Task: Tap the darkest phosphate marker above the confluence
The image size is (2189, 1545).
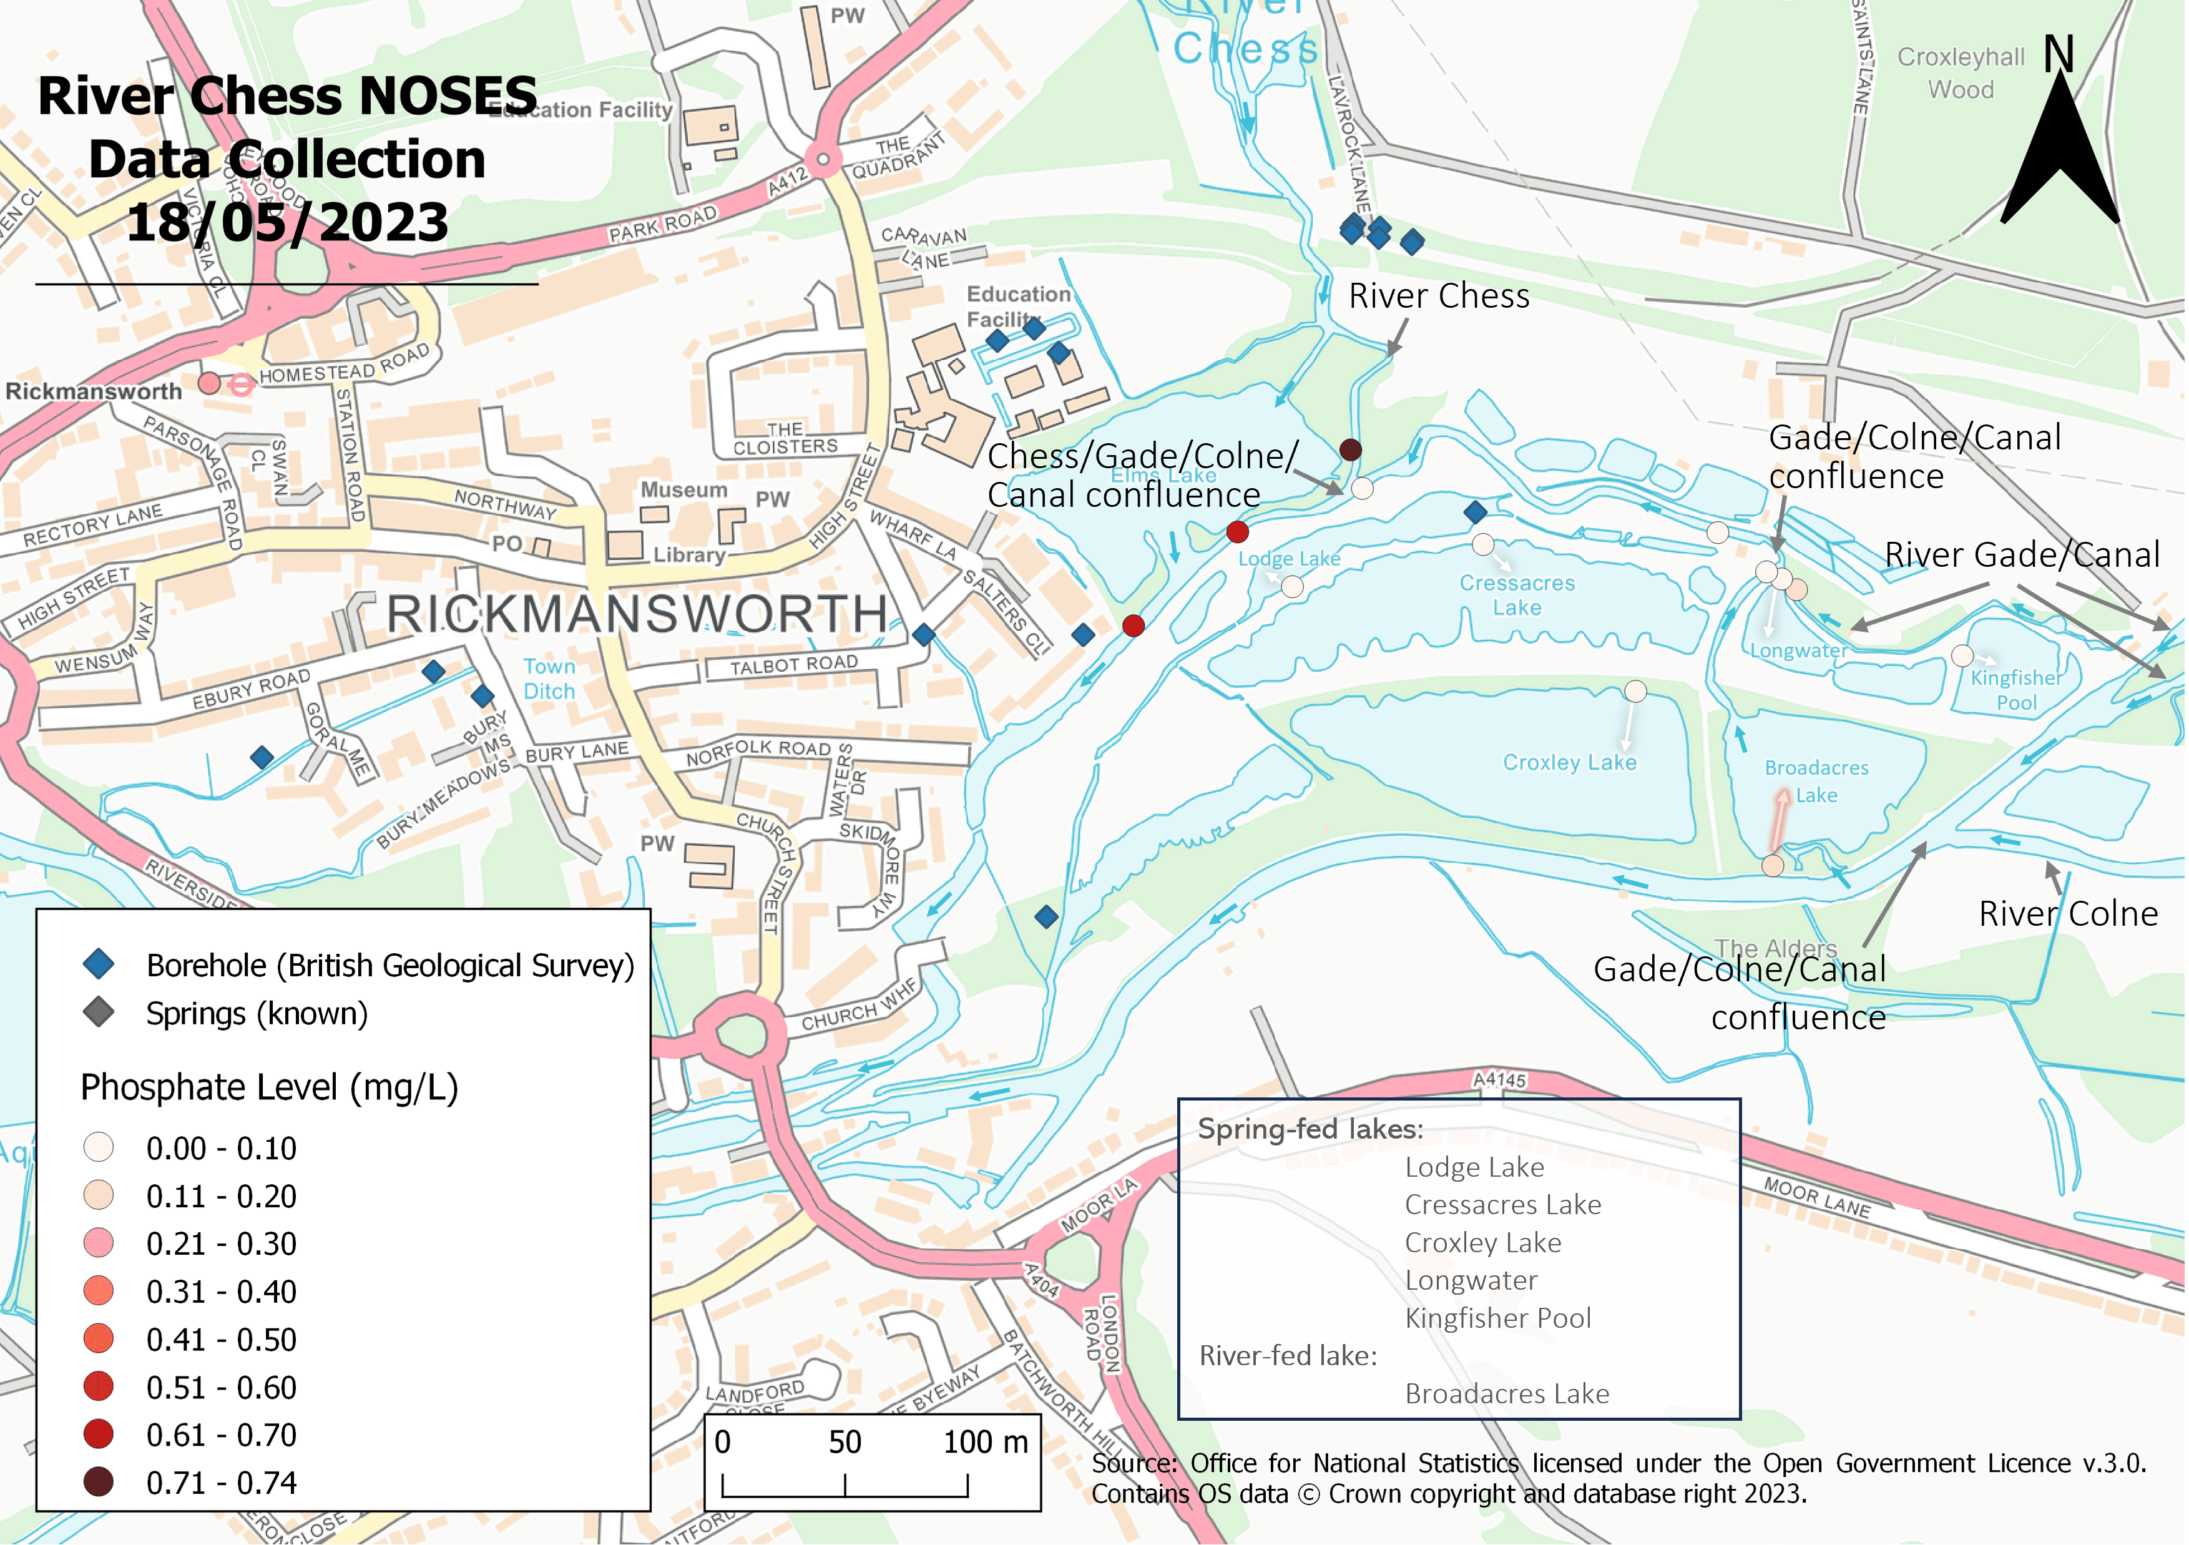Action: tap(1350, 449)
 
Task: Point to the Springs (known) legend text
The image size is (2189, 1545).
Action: tap(257, 1013)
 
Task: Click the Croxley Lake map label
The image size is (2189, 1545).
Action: tap(1569, 762)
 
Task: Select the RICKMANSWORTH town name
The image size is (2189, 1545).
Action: tap(637, 613)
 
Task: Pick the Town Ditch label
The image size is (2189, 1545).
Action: tap(549, 678)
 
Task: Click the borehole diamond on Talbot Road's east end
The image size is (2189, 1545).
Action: tap(923, 634)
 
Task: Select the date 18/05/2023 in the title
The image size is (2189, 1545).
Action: tap(287, 222)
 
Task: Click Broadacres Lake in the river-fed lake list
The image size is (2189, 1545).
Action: tap(1506, 1393)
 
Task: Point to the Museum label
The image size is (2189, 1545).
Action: tap(683, 490)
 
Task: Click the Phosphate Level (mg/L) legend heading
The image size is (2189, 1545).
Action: tap(269, 1087)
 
